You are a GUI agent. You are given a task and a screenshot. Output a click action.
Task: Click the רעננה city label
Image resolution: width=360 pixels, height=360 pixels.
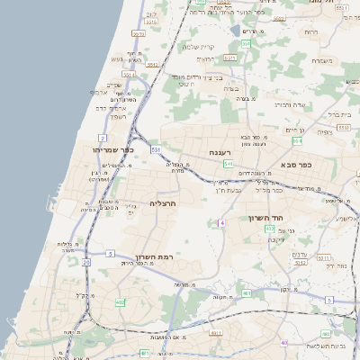pos(220,153)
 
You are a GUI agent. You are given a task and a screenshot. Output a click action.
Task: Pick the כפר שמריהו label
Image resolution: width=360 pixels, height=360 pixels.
pos(112,150)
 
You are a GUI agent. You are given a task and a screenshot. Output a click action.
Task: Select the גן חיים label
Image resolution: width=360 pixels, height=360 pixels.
pos(294,130)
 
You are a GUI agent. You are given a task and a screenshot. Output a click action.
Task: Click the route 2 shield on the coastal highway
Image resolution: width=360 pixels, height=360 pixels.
pos(103,137)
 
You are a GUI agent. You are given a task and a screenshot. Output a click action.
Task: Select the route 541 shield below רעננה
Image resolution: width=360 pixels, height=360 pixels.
pos(229,165)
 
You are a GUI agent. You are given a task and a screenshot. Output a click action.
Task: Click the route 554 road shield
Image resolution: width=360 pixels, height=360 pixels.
pos(297,141)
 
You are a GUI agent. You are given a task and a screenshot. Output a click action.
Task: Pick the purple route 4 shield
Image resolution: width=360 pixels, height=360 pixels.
pos(221,222)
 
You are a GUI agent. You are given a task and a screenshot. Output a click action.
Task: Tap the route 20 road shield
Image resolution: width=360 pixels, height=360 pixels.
pos(86,263)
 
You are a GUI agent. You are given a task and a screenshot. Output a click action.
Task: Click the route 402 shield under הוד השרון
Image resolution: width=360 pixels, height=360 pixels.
pos(270,229)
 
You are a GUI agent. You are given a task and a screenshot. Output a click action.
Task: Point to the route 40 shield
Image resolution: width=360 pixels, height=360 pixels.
pos(284,343)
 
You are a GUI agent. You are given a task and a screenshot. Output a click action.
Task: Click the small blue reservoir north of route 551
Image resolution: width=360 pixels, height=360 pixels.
pos(235,31)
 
